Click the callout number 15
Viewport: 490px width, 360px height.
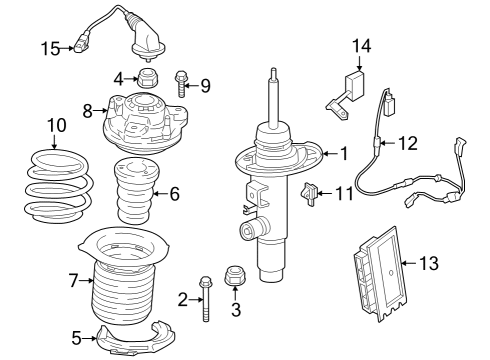[50, 46]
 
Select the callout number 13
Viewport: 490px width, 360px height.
[427, 264]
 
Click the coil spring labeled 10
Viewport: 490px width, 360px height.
[57, 187]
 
